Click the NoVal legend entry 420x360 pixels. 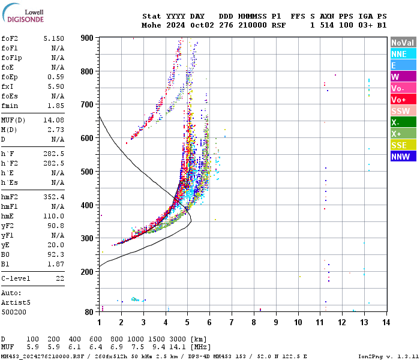(403, 43)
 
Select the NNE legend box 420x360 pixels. (403, 54)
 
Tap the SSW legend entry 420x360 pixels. (403, 111)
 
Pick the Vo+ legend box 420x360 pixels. (403, 100)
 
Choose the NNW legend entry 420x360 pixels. (403, 157)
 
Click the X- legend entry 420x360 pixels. (403, 122)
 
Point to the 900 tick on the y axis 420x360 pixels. (86, 38)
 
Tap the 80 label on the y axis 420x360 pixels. (88, 312)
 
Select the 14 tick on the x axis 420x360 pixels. (386, 322)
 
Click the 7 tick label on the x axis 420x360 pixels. (232, 322)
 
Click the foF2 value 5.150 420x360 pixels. (53, 38)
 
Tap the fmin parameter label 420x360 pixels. (10, 105)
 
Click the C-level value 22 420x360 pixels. (59, 278)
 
